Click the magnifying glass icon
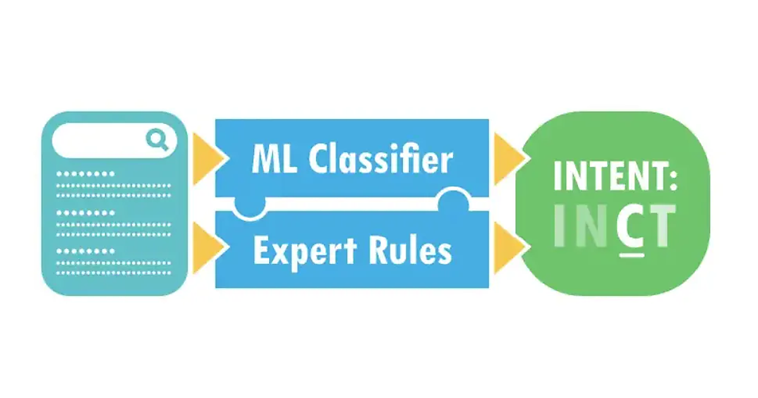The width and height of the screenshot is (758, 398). [157, 139]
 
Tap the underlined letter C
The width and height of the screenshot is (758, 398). [629, 226]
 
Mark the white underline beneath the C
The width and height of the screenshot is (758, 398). [628, 255]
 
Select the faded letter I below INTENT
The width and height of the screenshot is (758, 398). [560, 226]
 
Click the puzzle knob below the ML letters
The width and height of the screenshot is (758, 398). [250, 207]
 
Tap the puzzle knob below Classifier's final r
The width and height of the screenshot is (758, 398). [454, 201]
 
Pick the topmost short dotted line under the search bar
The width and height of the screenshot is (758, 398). [86, 173]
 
